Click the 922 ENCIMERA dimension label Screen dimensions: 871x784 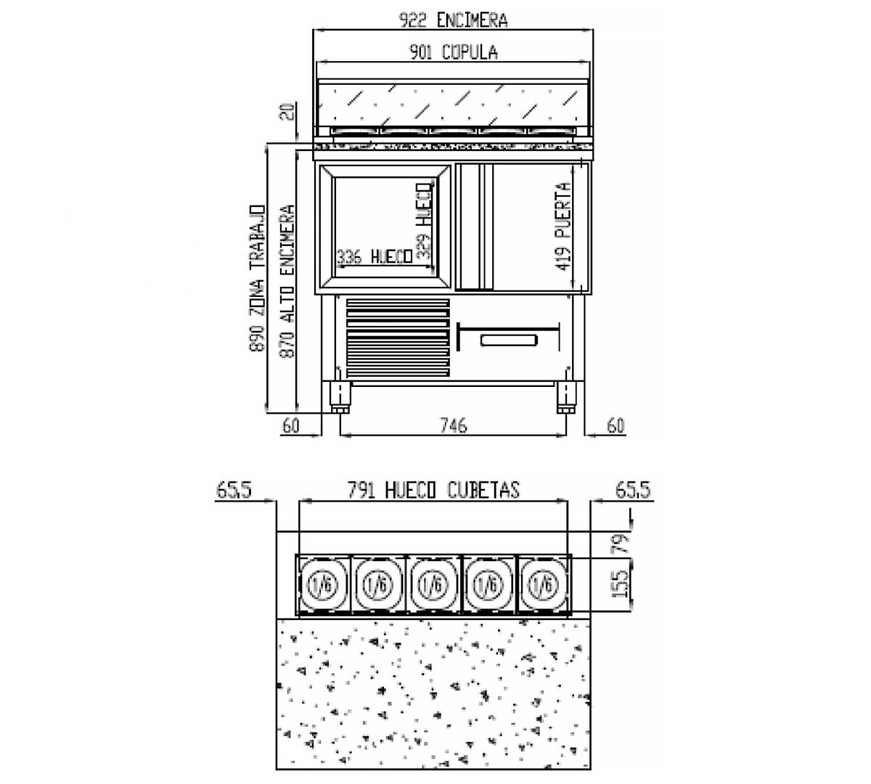click(x=453, y=20)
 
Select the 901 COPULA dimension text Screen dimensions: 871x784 click(x=454, y=52)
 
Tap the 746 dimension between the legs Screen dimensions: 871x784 click(x=454, y=425)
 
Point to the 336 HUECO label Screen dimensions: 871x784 click(x=375, y=257)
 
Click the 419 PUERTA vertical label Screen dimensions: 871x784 click(x=563, y=226)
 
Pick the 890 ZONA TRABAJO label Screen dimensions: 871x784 click(x=257, y=278)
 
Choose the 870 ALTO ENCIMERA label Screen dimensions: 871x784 click(x=287, y=282)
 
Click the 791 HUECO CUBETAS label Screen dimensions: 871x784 click(x=433, y=490)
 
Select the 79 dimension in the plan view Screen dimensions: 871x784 click(x=620, y=544)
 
